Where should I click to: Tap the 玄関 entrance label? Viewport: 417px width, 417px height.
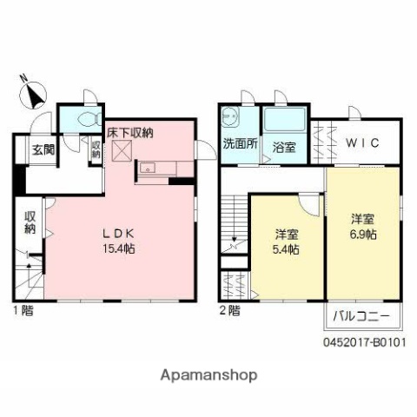pyautogui.click(x=44, y=149)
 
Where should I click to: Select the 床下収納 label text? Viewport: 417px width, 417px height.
pyautogui.click(x=130, y=133)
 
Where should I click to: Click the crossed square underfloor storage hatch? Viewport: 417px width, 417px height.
pyautogui.click(x=121, y=152)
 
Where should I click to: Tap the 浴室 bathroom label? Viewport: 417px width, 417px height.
pyautogui.click(x=284, y=147)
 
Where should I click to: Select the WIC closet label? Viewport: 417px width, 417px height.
pyautogui.click(x=363, y=143)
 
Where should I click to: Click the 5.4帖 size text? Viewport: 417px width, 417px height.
pyautogui.click(x=287, y=249)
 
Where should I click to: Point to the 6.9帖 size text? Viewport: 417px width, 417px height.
pyautogui.click(x=363, y=234)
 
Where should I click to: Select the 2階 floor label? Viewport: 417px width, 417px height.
pyautogui.click(x=230, y=309)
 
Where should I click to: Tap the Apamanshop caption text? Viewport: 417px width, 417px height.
pyautogui.click(x=208, y=375)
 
